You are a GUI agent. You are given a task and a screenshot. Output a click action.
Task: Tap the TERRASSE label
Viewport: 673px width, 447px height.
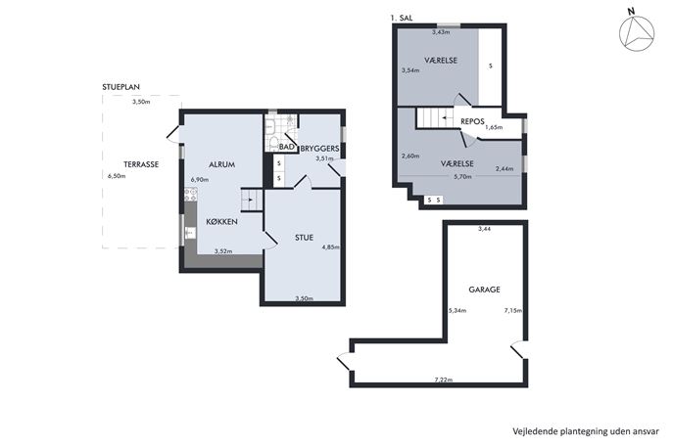[x=141, y=164]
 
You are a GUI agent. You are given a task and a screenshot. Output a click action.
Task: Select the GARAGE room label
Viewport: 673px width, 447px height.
[x=484, y=290]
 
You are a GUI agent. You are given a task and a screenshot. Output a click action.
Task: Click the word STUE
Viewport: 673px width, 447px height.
[x=304, y=238]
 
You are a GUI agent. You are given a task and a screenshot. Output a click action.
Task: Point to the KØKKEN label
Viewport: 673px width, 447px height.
[x=222, y=222]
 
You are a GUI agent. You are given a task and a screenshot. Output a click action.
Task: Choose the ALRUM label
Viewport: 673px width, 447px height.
[x=222, y=164]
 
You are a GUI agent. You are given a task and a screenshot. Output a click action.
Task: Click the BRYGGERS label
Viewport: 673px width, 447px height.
[x=319, y=149]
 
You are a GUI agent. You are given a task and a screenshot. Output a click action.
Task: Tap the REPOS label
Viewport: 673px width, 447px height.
[x=472, y=121]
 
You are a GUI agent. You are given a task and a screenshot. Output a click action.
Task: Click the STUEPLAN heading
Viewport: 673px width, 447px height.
[x=121, y=87]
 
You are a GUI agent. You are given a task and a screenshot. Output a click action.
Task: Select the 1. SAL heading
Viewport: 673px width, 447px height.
[x=402, y=18]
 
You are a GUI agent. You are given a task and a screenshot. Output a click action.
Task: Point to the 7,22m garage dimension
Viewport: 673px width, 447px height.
[x=444, y=380]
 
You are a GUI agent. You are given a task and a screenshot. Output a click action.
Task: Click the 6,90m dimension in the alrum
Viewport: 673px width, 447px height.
[x=200, y=180]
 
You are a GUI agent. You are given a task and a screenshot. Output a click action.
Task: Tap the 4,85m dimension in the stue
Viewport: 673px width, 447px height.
[x=330, y=246]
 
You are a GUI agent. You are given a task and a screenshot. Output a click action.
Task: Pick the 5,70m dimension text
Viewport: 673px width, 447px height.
[x=462, y=176]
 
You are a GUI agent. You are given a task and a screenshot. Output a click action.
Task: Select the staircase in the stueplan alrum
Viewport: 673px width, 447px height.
[x=252, y=200]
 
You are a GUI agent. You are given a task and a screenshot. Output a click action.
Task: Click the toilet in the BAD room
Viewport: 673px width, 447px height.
[x=273, y=143]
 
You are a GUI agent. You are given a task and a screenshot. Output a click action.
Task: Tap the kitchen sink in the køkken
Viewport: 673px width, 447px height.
[x=189, y=233]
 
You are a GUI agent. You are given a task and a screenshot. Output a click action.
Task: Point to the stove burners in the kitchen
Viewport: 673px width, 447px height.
[x=191, y=196]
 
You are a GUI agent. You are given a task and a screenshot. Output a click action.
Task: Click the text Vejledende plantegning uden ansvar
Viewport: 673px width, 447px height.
[x=586, y=431]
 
